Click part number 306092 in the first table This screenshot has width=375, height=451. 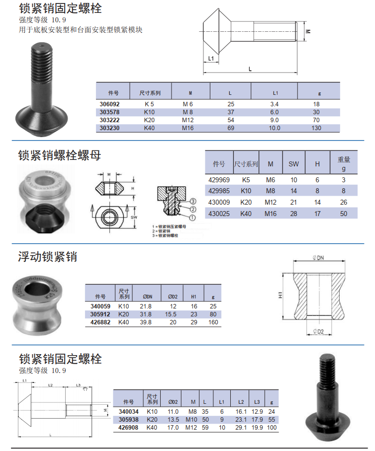pyautogui.click(x=109, y=104)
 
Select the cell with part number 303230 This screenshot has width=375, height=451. pyautogui.click(x=109, y=128)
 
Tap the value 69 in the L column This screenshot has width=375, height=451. pyautogui.click(x=230, y=128)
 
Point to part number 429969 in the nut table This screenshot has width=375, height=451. pyautogui.click(x=219, y=180)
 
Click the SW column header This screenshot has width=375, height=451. pyautogui.click(x=294, y=163)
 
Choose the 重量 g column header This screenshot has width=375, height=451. pyautogui.click(x=344, y=163)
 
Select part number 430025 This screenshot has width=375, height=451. pyautogui.click(x=219, y=214)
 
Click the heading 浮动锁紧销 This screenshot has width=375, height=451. pyautogui.click(x=48, y=257)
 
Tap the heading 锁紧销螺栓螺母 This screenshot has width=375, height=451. pyautogui.click(x=59, y=155)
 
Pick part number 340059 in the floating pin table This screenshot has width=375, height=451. pyautogui.click(x=101, y=306)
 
